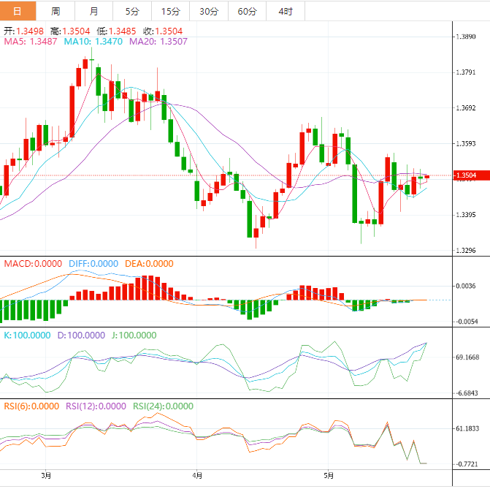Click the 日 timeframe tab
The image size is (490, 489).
[x=18, y=11]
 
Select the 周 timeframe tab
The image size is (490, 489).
[x=56, y=11]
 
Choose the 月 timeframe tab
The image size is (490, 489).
[x=94, y=11]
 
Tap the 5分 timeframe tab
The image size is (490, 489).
[x=132, y=11]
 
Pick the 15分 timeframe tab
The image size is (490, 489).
[x=170, y=11]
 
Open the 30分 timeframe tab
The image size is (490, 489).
[x=209, y=11]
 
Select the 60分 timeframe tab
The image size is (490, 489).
[x=248, y=11]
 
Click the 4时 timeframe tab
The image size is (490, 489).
[x=286, y=11]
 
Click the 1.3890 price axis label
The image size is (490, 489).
[x=467, y=37]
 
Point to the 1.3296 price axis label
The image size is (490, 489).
[x=467, y=251]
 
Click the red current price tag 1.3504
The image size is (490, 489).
[x=466, y=175]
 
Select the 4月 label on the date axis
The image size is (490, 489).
[x=196, y=476]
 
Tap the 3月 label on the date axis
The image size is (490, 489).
[x=46, y=476]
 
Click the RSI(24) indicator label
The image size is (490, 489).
[x=163, y=406]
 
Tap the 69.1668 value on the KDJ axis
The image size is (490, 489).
[x=468, y=357]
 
